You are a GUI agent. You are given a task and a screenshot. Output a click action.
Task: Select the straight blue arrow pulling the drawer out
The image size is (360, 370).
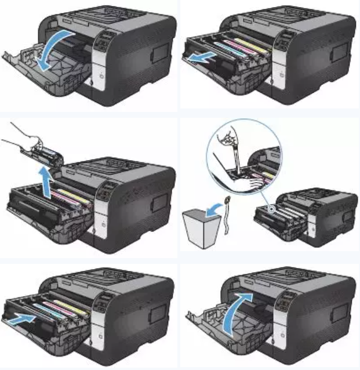coord(200,59)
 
